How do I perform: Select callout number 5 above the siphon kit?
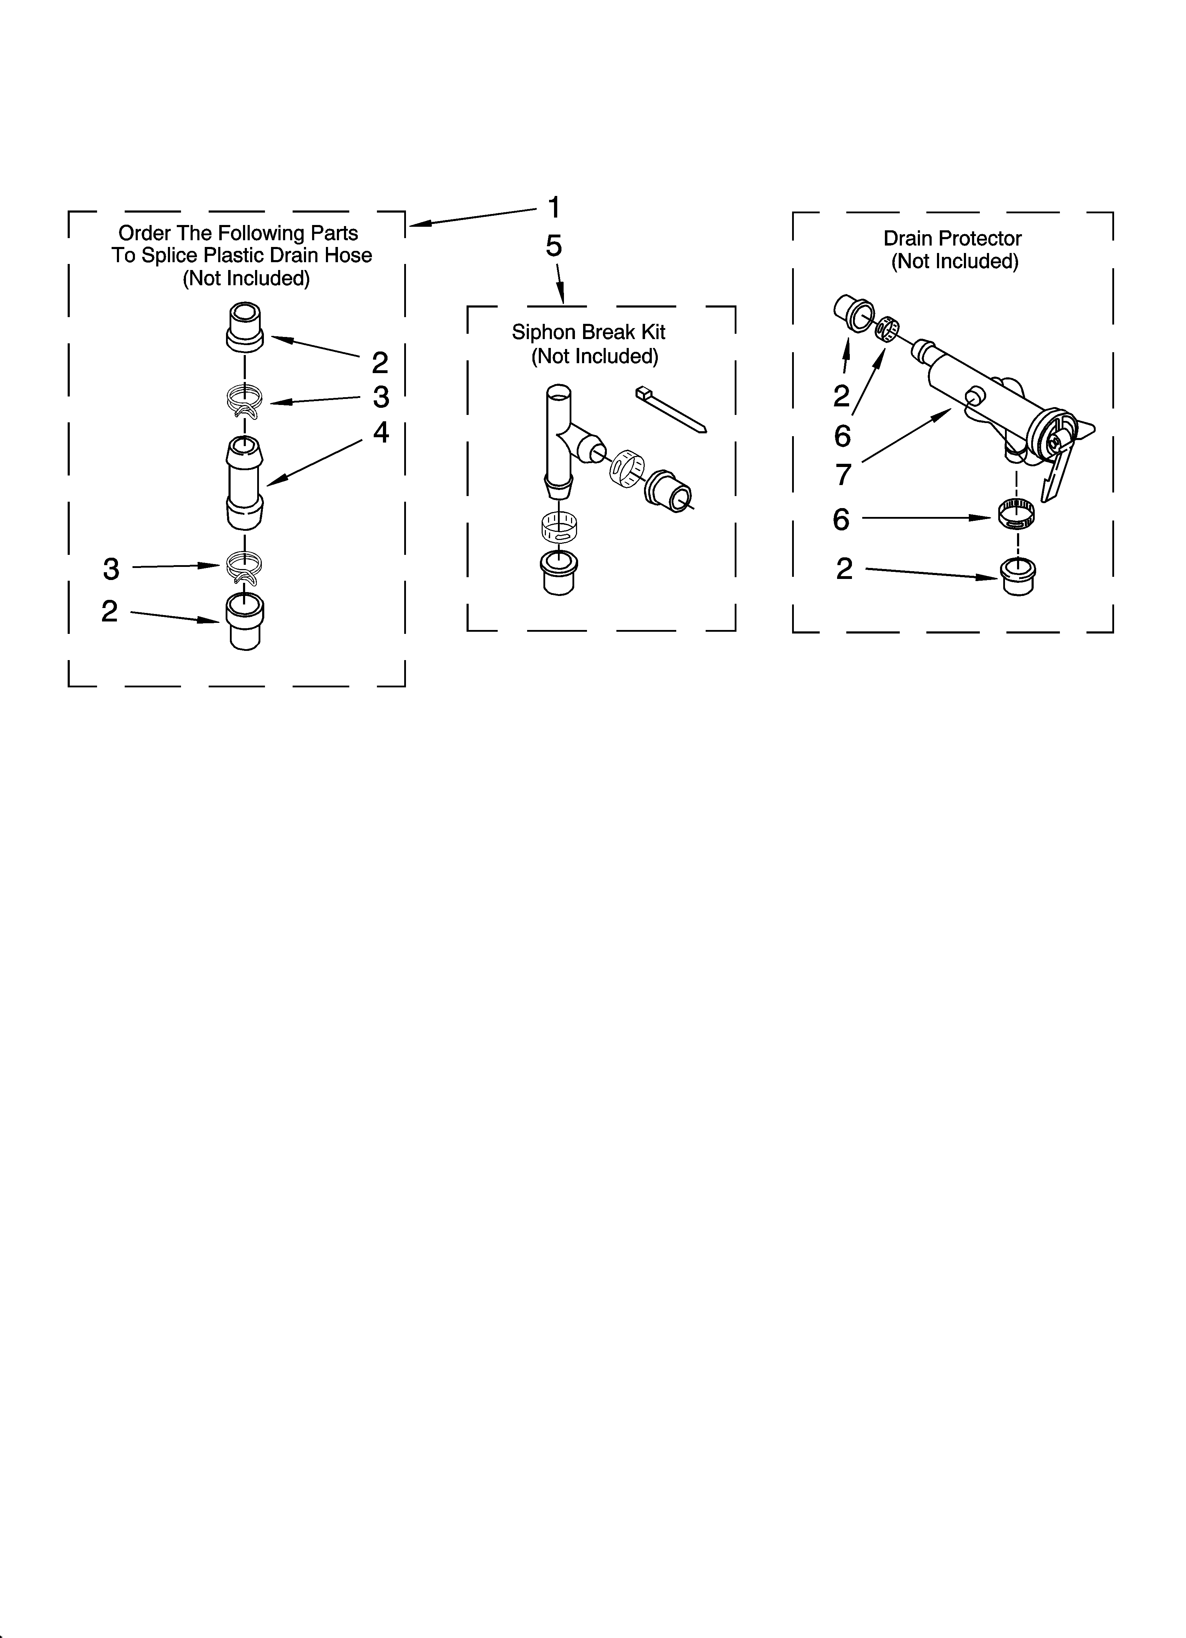[x=553, y=246]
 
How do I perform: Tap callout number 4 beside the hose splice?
[x=381, y=433]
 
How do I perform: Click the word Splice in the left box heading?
[x=172, y=256]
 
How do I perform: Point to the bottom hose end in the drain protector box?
[x=1019, y=576]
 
